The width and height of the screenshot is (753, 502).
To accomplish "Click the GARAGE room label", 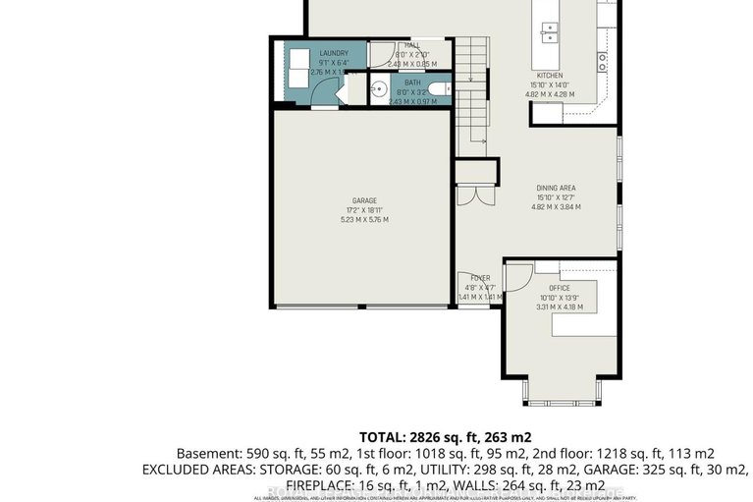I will coord(364,200).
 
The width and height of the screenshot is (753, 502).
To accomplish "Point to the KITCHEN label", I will coord(549,76).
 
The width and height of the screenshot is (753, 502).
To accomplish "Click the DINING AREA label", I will coord(556,188).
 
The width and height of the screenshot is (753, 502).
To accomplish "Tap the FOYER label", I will coord(479,278).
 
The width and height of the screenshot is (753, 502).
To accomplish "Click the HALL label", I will coord(412,45).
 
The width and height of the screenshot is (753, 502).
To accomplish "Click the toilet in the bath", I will coord(440,90).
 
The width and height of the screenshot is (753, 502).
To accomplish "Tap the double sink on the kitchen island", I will coord(547,30).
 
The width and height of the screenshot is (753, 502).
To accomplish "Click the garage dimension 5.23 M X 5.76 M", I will coord(364,219).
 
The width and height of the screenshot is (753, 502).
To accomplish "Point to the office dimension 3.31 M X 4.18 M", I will coord(561,307).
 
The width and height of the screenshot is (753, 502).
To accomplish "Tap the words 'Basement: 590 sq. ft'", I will coord(225,453).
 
